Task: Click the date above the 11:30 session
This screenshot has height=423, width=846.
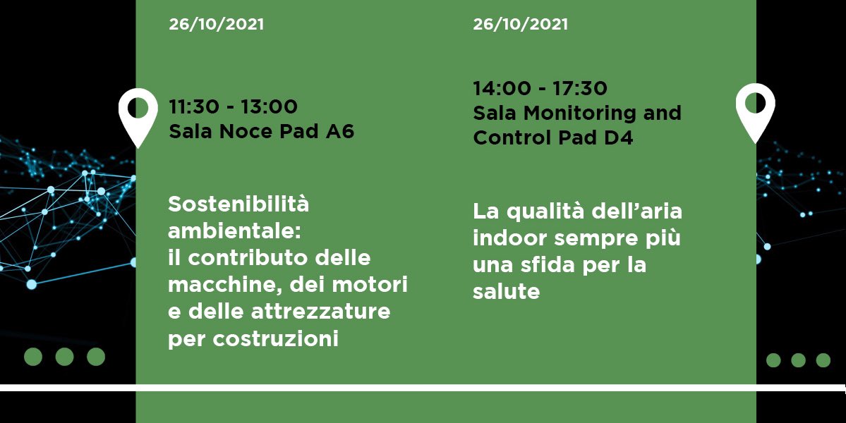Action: [x=216, y=25]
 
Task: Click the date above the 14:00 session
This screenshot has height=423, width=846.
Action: [x=520, y=25]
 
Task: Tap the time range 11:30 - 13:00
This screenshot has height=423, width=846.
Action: [x=233, y=107]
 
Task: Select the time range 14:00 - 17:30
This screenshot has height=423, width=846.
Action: [x=540, y=89]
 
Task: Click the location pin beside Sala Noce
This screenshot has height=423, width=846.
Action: [x=138, y=117]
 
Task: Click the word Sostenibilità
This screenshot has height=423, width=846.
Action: [x=238, y=205]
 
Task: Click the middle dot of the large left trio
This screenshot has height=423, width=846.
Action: [x=64, y=357]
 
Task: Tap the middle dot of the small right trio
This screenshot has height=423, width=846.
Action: [x=798, y=360]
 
